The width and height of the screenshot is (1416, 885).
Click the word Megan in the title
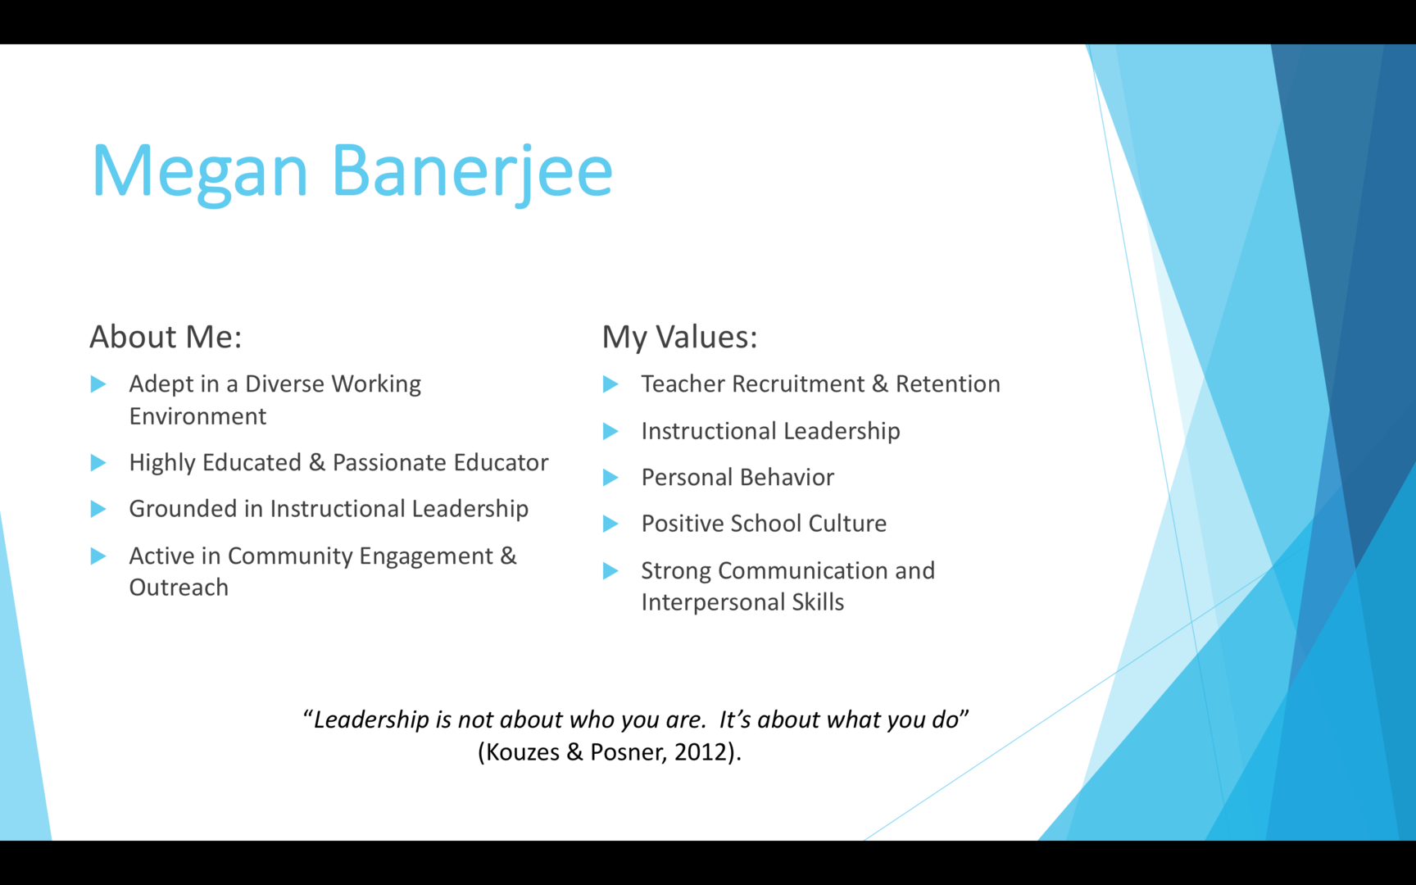[199, 171]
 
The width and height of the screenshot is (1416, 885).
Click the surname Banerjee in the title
[472, 171]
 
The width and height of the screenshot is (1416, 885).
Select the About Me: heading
[166, 337]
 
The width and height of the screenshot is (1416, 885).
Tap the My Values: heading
[679, 337]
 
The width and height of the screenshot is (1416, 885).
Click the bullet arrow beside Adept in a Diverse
[98, 383]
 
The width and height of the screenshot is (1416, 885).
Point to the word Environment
[197, 416]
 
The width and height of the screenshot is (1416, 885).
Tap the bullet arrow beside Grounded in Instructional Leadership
[98, 509]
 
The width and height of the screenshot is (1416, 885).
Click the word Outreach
[179, 588]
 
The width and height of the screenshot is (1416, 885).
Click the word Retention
[947, 383]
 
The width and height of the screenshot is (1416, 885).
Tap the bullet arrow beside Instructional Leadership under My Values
[610, 431]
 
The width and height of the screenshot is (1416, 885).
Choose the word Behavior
[787, 477]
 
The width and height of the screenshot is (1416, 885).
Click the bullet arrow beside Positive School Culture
[610, 524]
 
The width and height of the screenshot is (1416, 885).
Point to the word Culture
[847, 524]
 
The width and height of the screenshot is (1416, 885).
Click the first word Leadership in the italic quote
[371, 719]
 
